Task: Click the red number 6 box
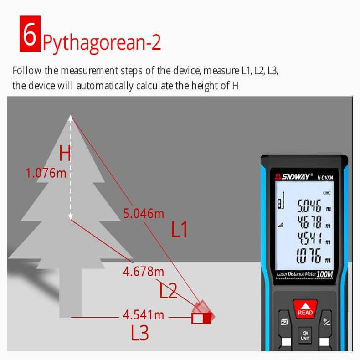click(x=30, y=34)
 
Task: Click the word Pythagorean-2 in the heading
click(x=102, y=43)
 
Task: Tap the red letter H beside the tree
click(x=65, y=154)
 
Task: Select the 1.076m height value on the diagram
click(x=46, y=173)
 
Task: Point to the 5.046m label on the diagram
click(x=144, y=214)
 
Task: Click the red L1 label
click(x=179, y=229)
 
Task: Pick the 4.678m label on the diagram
click(x=144, y=272)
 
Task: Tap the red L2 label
click(x=168, y=290)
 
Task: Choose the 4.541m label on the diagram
click(x=144, y=315)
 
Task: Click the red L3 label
click(x=140, y=332)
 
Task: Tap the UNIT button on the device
click(x=305, y=335)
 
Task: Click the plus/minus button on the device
click(x=326, y=322)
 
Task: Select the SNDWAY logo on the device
click(x=294, y=176)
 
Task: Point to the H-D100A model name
click(x=325, y=177)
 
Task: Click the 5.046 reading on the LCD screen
click(x=309, y=206)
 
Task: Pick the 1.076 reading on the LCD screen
click(x=308, y=255)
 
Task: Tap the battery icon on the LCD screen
click(x=327, y=193)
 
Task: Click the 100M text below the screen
click(x=324, y=274)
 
